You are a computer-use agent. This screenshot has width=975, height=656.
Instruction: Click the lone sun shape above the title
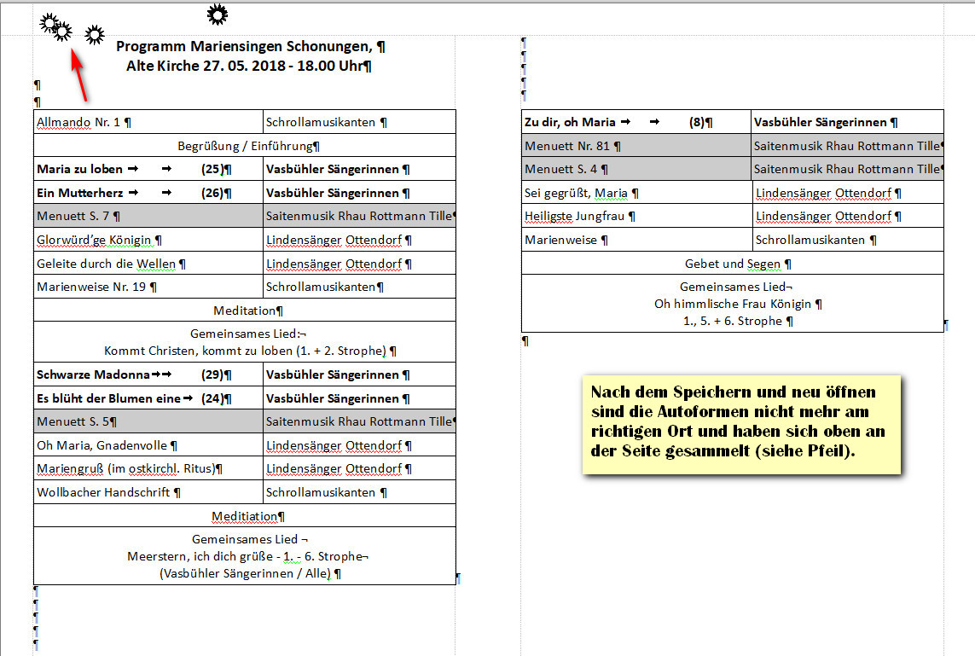(x=218, y=14)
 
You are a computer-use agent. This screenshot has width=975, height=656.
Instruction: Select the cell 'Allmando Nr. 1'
(x=79, y=122)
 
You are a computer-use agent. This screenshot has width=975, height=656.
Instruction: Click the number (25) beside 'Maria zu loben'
(x=213, y=170)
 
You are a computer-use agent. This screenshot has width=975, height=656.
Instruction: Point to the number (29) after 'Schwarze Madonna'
(x=213, y=374)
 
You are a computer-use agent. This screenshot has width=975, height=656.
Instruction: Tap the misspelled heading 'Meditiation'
(x=245, y=516)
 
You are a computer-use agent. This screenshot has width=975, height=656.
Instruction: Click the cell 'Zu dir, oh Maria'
(x=571, y=122)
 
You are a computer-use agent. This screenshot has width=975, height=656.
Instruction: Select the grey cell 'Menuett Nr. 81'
(x=568, y=146)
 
